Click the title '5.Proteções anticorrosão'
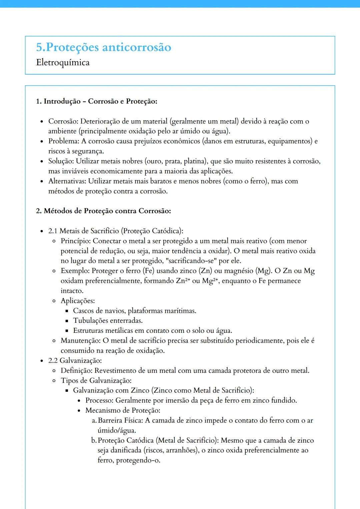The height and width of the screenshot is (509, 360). pyautogui.click(x=103, y=47)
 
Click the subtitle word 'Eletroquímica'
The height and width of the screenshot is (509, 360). pyautogui.click(x=63, y=63)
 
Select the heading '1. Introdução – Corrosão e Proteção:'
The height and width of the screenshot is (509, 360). pyautogui.click(x=96, y=101)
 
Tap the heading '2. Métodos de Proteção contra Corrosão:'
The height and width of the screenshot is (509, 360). pyautogui.click(x=103, y=211)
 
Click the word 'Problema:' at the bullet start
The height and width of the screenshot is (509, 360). pyautogui.click(x=64, y=141)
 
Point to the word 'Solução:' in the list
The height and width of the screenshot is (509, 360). pyautogui.click(x=61, y=161)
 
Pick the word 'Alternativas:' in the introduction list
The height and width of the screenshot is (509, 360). pyautogui.click(x=67, y=181)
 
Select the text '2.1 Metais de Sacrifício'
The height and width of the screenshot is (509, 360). pyautogui.click(x=83, y=231)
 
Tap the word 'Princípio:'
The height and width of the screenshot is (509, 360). pyautogui.click(x=76, y=241)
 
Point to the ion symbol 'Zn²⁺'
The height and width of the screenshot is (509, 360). pyautogui.click(x=183, y=281)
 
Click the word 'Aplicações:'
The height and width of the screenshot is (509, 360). pyautogui.click(x=78, y=301)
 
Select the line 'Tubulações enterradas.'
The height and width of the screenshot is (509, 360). pyautogui.click(x=108, y=321)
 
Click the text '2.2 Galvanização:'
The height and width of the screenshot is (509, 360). pyautogui.click(x=75, y=360)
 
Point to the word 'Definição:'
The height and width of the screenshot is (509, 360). pyautogui.click(x=76, y=370)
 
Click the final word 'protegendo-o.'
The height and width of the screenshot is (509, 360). pyautogui.click(x=138, y=460)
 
